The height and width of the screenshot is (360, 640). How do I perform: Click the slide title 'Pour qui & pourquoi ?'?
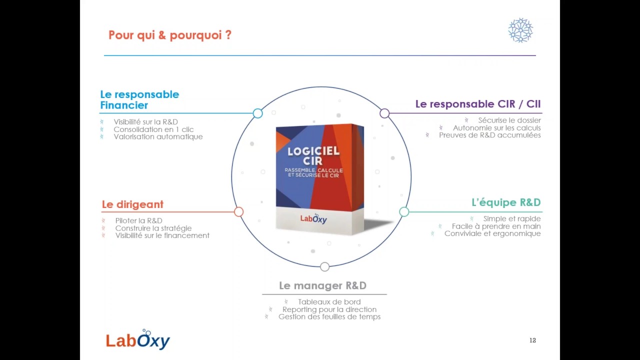pos(170,35)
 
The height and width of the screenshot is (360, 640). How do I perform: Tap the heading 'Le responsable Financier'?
pos(139,99)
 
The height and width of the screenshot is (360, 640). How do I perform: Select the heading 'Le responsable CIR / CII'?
pos(477,104)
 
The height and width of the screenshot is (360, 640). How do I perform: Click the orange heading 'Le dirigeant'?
pos(132,204)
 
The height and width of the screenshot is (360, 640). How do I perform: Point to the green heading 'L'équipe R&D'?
pos(506,202)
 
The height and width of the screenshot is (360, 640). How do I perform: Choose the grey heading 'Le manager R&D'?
pos(322,285)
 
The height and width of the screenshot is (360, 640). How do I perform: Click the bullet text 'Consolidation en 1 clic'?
pos(153,129)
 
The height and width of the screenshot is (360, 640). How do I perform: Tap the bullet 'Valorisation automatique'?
pos(158,136)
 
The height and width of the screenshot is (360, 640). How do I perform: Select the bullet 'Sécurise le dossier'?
pos(509,120)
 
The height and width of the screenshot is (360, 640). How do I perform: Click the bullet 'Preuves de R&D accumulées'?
pos(489,135)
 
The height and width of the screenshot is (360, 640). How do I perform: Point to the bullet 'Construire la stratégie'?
pos(153,228)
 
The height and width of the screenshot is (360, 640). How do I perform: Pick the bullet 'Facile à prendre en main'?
pos(496,226)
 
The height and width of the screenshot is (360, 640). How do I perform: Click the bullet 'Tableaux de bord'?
pos(329,302)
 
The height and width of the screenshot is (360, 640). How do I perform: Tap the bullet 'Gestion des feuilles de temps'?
pos(329,316)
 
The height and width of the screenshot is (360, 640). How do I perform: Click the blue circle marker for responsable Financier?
pos(257,113)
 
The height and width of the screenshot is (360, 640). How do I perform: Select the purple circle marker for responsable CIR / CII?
pos(384,113)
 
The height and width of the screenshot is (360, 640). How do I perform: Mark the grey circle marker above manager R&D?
pos(324,267)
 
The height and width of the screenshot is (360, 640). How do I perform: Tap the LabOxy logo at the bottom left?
pos(138,340)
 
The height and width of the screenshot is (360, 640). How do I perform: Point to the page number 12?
pos(532,340)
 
